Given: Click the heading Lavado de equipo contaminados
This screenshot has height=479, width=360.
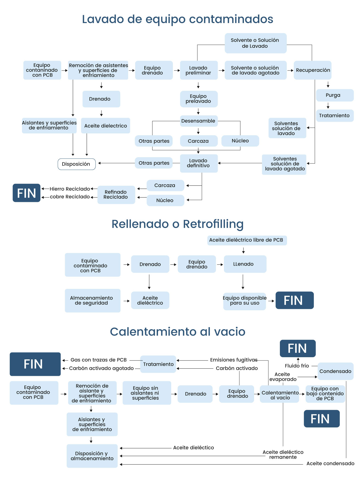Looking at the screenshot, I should tap(178, 19).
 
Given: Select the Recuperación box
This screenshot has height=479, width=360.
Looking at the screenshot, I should tap(313, 70).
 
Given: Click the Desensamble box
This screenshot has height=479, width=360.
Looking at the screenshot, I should tap(198, 121).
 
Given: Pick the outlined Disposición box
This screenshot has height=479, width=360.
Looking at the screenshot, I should tap(76, 164).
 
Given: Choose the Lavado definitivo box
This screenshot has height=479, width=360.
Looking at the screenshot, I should tap(198, 163).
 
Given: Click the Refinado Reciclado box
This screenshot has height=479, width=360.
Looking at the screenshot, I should tap(116, 195).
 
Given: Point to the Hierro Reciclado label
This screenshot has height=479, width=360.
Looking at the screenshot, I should tap(70, 189).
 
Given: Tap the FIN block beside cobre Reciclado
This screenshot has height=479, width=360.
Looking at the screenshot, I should tap(27, 193).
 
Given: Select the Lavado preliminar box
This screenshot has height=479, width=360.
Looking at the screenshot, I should tap(198, 70).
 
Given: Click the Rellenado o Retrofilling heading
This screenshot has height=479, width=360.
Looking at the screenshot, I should tap(178, 224).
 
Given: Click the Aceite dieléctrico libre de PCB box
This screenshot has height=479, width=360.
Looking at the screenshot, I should tap(246, 240).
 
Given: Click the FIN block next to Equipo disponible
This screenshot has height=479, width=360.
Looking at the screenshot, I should tap(294, 300).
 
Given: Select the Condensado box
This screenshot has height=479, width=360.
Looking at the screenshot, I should tap(335, 371).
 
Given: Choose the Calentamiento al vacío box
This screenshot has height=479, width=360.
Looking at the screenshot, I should tap(280, 395).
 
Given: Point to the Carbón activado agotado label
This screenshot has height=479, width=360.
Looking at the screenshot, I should tap(101, 368).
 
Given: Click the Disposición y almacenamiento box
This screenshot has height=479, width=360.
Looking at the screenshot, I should tap(92, 456).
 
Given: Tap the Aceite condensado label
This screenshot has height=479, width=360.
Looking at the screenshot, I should tap(330, 464).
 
